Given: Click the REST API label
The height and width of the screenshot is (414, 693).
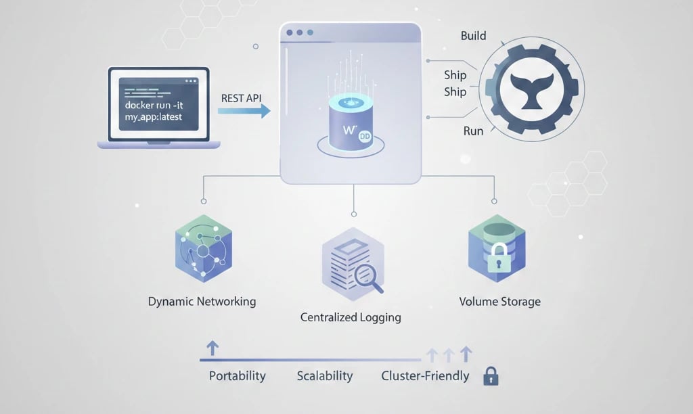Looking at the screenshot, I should tap(241, 98).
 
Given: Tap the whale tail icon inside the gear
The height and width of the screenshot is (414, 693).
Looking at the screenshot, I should tap(531, 91).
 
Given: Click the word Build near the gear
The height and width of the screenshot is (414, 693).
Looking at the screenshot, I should tap(473, 36).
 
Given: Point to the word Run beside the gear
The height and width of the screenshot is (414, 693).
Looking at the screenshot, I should tap(473, 131).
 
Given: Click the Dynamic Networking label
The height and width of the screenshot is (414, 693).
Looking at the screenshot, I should tap(202, 301).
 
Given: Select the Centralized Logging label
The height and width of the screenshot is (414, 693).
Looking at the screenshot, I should tap(351, 317).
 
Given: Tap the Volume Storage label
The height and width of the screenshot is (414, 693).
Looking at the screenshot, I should tap(499, 301).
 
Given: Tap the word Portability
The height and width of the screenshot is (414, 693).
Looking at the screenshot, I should tap(237, 376).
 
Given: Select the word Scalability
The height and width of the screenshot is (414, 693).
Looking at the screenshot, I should tap(325, 376).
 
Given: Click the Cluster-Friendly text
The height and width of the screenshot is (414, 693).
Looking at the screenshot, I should tap(425, 376).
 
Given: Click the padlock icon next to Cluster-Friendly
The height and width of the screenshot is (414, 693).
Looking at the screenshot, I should tap(490, 377).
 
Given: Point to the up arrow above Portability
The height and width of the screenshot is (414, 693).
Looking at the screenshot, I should tap(212, 348).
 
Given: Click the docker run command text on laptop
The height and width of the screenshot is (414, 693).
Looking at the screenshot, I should tap(158, 112).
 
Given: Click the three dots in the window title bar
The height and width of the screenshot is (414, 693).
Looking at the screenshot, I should tap(300, 32).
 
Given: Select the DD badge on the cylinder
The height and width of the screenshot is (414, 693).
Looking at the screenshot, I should tap(364, 135).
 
